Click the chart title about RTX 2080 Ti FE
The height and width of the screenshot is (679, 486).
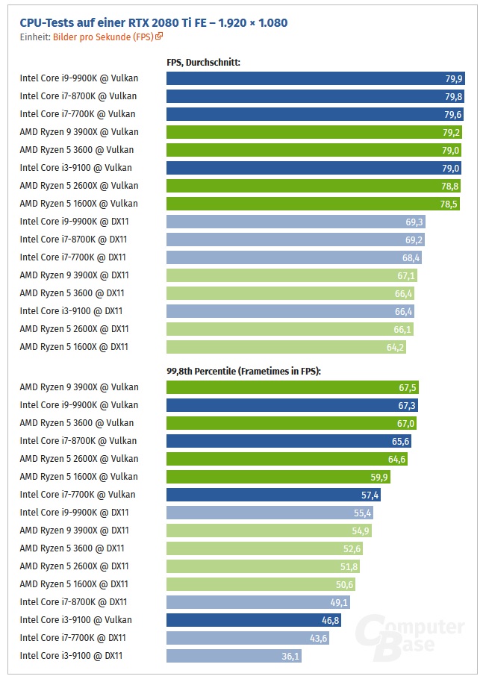153,22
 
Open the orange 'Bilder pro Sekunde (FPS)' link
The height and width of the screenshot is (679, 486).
104,36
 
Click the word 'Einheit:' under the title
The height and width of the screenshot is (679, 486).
35,36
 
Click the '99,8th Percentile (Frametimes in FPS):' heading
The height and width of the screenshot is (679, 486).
243,371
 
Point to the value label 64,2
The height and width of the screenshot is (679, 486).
394,347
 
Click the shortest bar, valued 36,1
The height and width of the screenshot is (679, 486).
234,656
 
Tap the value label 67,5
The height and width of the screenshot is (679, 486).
408,387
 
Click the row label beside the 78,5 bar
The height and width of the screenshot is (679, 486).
78,204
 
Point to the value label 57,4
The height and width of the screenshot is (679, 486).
370,495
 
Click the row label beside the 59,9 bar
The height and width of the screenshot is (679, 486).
78,477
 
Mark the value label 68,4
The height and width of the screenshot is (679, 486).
411,257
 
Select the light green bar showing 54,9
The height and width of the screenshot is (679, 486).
269,531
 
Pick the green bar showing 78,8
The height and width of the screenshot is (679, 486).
314,186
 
